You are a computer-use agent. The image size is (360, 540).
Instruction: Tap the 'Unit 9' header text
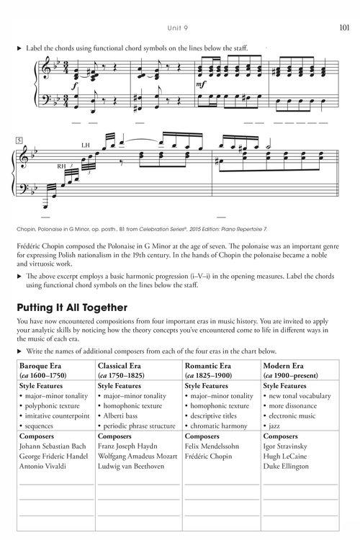(179, 29)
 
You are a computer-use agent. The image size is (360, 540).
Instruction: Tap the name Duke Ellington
(288, 466)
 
